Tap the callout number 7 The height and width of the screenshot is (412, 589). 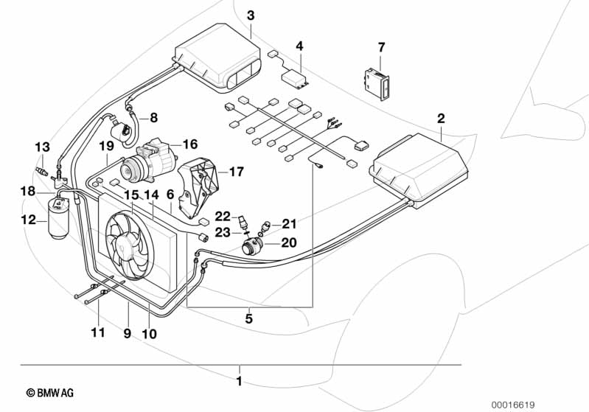[381, 47]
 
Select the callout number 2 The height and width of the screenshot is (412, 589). [441, 118]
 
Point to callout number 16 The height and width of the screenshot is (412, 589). [189, 144]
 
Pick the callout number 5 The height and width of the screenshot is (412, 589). [249, 319]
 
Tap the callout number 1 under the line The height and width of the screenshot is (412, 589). [238, 381]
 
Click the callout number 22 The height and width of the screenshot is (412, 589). [223, 215]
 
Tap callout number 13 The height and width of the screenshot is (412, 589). [41, 146]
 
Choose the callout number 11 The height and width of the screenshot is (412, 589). [98, 333]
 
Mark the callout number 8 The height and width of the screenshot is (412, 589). [153, 117]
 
